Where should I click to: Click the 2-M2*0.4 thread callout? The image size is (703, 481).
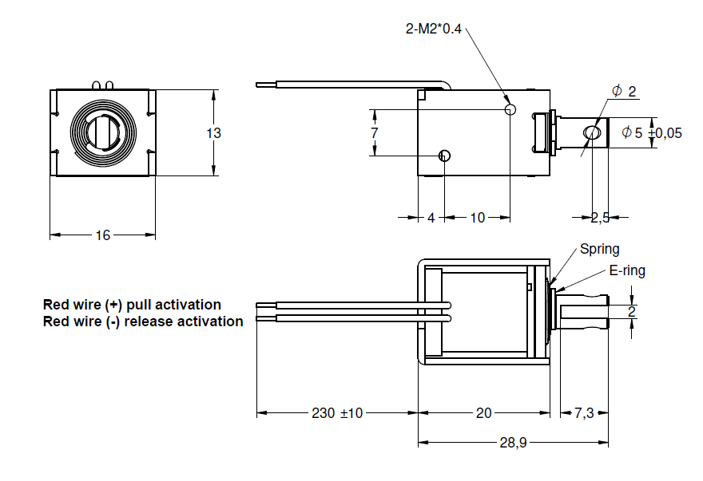coord(435,30)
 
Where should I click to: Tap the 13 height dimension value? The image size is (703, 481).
coord(213,133)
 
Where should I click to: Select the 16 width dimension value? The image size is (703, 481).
coord(103,235)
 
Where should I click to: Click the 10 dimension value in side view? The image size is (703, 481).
coord(477,217)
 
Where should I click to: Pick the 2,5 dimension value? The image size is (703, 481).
coord(600,217)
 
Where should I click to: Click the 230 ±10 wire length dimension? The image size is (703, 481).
coord(336,413)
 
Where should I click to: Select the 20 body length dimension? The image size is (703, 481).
coord(483,413)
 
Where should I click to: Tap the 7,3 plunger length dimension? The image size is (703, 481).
coord(584,413)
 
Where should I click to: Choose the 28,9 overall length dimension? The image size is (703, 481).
coord(512,443)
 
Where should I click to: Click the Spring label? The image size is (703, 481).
coord(599,249)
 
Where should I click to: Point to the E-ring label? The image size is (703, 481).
coord(626,270)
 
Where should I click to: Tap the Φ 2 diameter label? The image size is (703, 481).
coord(624,92)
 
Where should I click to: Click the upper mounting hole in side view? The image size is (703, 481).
coord(511,108)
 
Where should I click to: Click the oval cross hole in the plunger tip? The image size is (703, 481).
coord(591,132)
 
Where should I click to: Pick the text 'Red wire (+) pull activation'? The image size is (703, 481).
coord(132,305)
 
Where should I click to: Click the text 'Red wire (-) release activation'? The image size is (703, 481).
coord(143,321)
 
